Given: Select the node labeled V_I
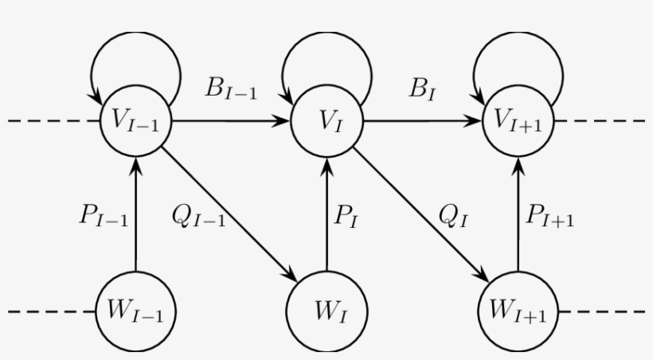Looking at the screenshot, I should pos(327,122).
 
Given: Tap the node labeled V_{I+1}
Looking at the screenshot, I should pos(518,122).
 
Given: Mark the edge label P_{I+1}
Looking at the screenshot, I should pos(550,217).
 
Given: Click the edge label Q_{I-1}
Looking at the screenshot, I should pos(198,217).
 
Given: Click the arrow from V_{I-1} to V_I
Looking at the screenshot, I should pos(230,122).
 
